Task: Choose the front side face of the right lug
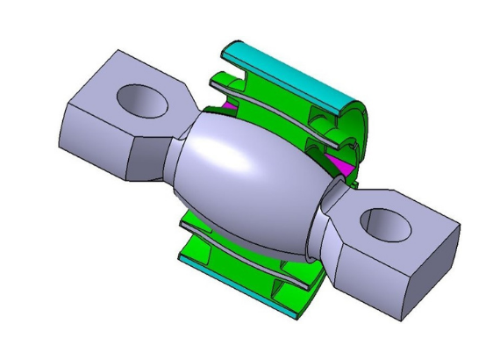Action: (377, 281)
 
